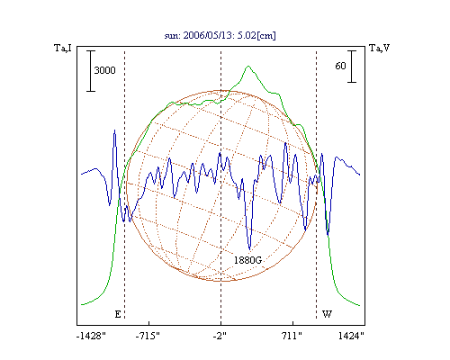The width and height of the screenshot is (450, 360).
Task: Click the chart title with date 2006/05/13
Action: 220,35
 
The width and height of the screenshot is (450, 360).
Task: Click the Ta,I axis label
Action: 63,48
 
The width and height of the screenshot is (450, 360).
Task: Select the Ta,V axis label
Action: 380,48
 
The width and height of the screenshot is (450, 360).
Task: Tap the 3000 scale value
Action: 104,70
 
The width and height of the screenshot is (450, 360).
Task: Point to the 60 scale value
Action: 340,66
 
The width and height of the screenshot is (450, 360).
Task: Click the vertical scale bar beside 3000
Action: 91,71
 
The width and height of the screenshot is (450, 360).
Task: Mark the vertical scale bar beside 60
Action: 352,67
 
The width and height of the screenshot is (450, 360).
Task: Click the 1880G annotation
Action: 247,260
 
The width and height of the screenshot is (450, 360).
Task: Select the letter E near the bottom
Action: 118,314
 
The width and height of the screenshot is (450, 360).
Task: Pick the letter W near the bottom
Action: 327,314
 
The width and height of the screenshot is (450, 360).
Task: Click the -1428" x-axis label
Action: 91,336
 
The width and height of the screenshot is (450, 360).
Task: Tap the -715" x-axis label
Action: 148,336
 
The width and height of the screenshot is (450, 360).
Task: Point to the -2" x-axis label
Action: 220,336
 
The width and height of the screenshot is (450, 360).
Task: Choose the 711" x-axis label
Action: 292,336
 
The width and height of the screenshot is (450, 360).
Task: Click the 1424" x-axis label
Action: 351,336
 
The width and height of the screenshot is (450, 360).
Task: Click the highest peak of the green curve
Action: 248,66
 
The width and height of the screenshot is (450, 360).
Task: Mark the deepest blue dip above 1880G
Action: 249,249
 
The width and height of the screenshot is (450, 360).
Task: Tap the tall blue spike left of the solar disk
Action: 114,130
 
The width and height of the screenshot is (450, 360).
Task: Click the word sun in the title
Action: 171,36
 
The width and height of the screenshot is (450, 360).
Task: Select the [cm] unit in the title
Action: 266,36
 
